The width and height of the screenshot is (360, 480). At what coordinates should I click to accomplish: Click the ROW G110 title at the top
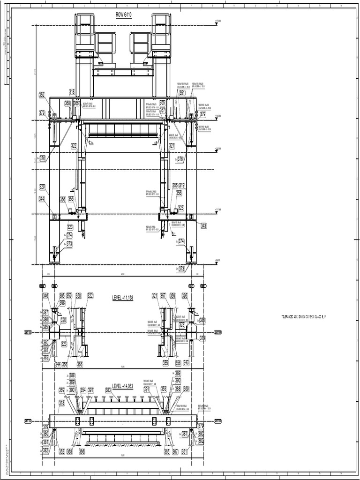[x=124, y=15]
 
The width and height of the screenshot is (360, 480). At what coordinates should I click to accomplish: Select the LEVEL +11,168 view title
[x=122, y=298]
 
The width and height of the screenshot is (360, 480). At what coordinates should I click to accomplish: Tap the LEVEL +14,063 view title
[x=122, y=386]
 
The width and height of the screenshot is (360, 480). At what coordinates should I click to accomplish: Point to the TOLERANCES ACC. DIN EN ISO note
[x=303, y=317]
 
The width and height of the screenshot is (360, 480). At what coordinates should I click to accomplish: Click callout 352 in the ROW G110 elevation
[x=42, y=95]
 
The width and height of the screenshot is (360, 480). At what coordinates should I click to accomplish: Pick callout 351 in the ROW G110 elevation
[x=182, y=93]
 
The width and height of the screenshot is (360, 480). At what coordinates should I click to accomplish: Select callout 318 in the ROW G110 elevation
[x=72, y=91]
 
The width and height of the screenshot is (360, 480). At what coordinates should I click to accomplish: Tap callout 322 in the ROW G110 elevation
[x=74, y=146]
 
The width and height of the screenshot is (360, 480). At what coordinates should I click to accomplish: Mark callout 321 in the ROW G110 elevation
[x=172, y=146]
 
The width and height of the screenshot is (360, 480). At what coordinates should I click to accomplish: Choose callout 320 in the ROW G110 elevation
[x=42, y=187]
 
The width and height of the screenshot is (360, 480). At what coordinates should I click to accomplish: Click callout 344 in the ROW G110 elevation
[x=42, y=199]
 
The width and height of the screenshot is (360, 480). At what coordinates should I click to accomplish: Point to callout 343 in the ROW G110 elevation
[x=203, y=225]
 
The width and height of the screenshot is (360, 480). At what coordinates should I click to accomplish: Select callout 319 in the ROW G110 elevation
[x=182, y=185]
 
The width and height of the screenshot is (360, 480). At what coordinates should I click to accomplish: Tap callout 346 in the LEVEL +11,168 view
[x=45, y=296]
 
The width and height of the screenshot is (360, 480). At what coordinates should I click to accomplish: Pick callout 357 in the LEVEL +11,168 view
[x=163, y=296]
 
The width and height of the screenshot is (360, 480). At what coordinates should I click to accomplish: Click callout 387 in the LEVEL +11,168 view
[x=45, y=312]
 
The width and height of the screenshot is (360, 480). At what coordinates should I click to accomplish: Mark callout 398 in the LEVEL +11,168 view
[x=62, y=303]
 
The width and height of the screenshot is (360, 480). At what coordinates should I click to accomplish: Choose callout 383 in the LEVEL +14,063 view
[x=108, y=390]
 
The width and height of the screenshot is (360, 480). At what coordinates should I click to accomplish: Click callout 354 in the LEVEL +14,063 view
[x=83, y=390]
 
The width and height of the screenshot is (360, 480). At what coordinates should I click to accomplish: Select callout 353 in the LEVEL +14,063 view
[x=164, y=389]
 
